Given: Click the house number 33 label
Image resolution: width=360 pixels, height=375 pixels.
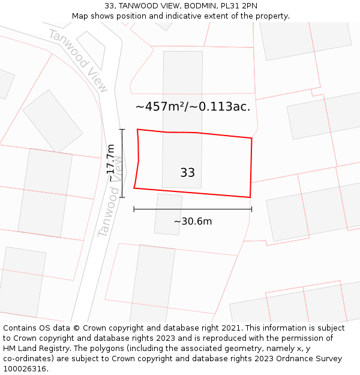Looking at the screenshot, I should (x=187, y=173).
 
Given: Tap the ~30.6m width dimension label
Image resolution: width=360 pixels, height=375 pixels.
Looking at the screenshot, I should (x=193, y=221).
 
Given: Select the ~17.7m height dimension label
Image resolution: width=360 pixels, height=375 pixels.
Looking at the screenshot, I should (x=110, y=163).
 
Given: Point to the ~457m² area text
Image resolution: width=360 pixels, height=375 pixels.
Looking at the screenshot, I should (x=158, y=107).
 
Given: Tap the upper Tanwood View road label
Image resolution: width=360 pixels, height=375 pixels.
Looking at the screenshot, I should (x=78, y=61).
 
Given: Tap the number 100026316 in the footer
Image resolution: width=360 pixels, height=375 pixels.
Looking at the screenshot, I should (x=24, y=369).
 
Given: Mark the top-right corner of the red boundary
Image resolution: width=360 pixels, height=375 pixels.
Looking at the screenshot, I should (x=251, y=138).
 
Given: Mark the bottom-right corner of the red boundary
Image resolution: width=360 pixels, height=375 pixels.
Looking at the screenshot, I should (x=250, y=197).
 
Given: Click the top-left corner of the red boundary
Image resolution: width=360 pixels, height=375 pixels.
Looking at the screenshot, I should (x=137, y=129).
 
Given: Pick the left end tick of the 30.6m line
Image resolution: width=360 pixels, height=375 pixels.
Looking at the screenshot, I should (x=134, y=209).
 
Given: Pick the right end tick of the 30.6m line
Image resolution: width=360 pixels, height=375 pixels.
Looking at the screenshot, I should (x=251, y=209).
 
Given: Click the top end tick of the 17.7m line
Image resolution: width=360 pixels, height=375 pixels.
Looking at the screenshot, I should (x=122, y=129).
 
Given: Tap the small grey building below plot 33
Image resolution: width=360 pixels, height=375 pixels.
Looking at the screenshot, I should (x=168, y=214).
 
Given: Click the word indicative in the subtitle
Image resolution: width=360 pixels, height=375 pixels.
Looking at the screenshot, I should (x=175, y=16).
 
